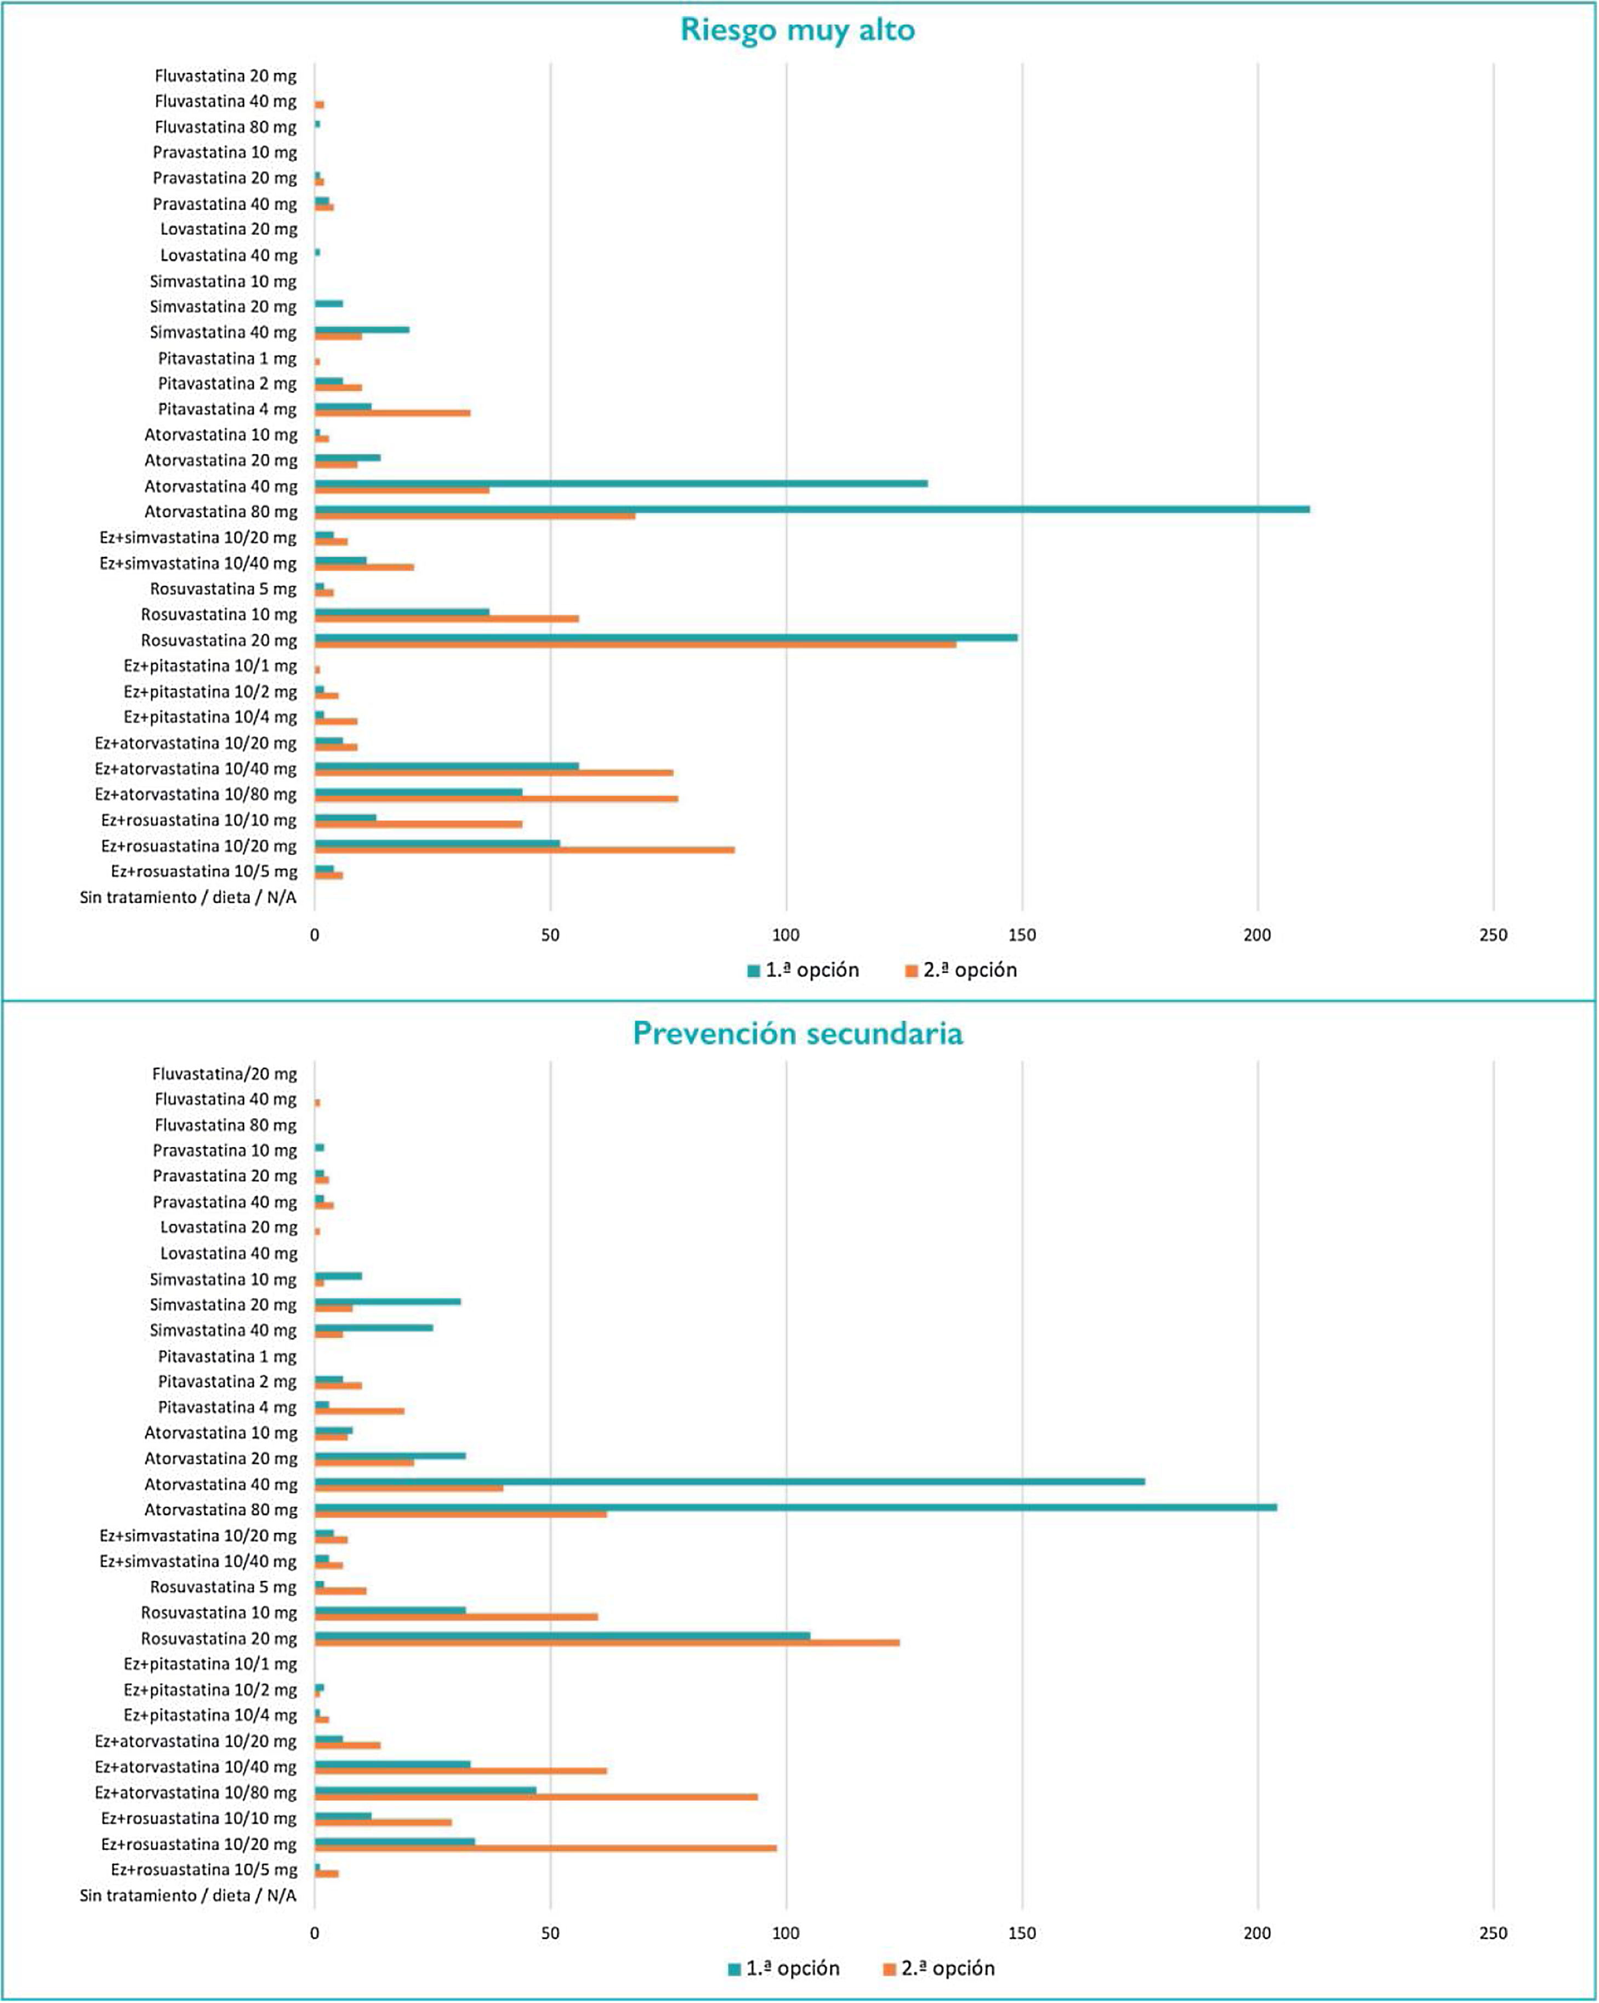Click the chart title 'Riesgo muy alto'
click(x=798, y=30)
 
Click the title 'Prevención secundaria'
click(x=798, y=1033)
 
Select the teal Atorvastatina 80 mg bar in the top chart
click(x=812, y=509)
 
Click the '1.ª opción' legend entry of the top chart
click(x=803, y=970)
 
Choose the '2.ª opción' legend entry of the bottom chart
click(x=939, y=1968)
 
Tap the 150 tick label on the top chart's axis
click(x=1021, y=935)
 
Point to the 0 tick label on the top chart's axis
click(x=315, y=935)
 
